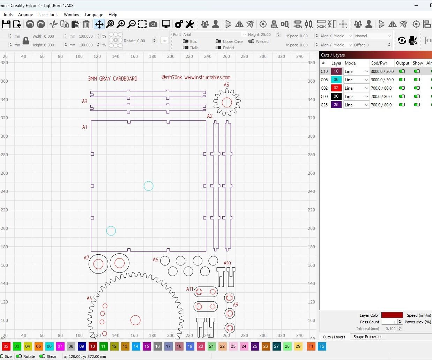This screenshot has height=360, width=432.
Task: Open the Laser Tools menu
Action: pyautogui.click(x=48, y=15)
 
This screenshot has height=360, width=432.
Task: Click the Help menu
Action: pyautogui.click(x=113, y=15)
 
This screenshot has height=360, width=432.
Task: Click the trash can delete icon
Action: pyautogui.click(x=86, y=24)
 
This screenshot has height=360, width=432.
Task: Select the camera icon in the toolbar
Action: pyautogui.click(x=153, y=24)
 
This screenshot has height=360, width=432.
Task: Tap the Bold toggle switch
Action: pyautogui.click(x=186, y=42)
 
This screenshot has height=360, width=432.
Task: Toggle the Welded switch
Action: pyautogui.click(x=251, y=42)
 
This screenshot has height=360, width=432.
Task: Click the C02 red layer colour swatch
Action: pyautogui.click(x=336, y=88)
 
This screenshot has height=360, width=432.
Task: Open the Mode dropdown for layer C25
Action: pyautogui.click(x=356, y=105)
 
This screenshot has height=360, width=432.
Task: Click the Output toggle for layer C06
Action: pyautogui.click(x=402, y=80)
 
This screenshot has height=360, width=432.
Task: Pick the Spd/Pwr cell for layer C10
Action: pyautogui.click(x=382, y=72)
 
